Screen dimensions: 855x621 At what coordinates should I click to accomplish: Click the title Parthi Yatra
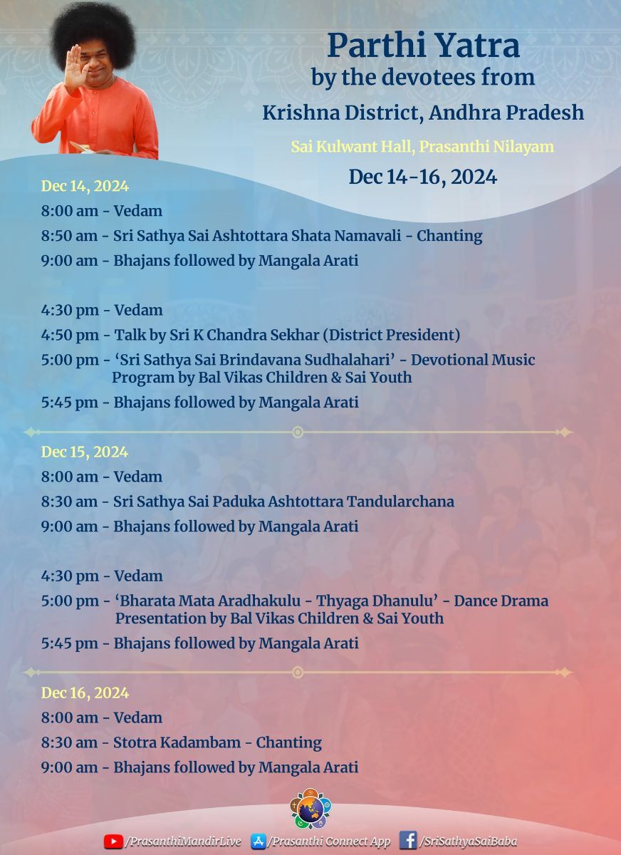[x=423, y=47]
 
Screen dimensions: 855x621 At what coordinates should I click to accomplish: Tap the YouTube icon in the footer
[x=113, y=841]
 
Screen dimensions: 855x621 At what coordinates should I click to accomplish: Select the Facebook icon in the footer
[x=407, y=841]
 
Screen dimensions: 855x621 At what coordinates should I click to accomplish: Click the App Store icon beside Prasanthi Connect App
[x=259, y=841]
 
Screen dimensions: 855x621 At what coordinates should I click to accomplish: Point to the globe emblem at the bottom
[x=310, y=809]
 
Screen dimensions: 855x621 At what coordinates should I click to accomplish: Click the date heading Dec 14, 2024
[x=85, y=187]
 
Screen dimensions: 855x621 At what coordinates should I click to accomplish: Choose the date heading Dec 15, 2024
[x=85, y=452]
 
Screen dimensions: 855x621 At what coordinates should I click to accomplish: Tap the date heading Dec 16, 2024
[x=85, y=693]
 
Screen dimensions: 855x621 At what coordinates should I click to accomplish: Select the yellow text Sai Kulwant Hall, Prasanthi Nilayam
[x=422, y=147]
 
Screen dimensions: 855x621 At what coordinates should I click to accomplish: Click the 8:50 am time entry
[x=69, y=236]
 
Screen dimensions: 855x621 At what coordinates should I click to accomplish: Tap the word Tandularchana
[x=400, y=502]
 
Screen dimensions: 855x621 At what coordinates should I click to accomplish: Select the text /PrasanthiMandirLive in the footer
[x=183, y=841]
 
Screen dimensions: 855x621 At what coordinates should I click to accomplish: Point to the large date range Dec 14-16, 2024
[x=422, y=177]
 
